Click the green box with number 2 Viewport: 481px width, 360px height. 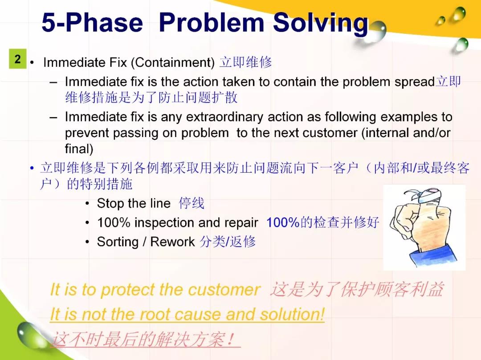click(x=17, y=59)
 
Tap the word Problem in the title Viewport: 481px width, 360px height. click(x=212, y=22)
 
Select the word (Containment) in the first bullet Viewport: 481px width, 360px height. click(x=173, y=62)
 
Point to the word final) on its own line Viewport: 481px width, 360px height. click(x=79, y=149)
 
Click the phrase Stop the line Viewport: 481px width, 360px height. click(x=134, y=203)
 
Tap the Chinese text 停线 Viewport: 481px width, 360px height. click(x=192, y=203)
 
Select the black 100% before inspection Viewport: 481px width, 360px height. click(x=114, y=222)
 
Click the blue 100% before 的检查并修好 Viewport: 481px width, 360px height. click(x=283, y=222)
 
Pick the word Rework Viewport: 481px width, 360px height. click(x=172, y=242)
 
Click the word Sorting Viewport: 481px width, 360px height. click(x=118, y=242)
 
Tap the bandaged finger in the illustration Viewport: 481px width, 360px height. click(x=426, y=197)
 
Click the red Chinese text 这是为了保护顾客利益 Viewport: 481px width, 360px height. click(x=357, y=289)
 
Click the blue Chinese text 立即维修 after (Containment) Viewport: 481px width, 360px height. click(x=246, y=62)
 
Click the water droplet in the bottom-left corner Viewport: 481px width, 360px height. click(x=31, y=334)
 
